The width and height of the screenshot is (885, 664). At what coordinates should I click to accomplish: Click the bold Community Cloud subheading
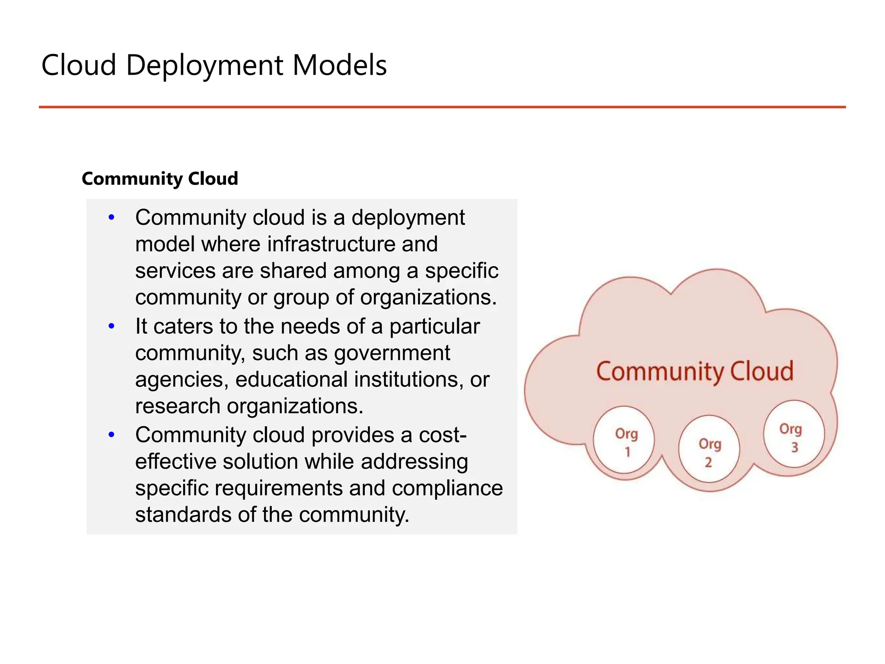[159, 179]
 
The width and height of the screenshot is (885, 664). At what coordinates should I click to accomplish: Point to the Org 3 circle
[793, 434]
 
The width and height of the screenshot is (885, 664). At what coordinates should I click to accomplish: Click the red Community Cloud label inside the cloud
[695, 371]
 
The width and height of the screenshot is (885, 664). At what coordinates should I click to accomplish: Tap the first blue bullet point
[111, 217]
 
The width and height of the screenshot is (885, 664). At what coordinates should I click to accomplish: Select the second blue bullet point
[111, 326]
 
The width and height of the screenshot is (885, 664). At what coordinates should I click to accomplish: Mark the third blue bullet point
[111, 435]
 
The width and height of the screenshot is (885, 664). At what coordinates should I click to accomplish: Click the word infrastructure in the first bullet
[331, 244]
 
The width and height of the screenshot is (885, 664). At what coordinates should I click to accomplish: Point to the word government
[392, 353]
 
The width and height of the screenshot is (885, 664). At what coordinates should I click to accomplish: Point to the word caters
[183, 326]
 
